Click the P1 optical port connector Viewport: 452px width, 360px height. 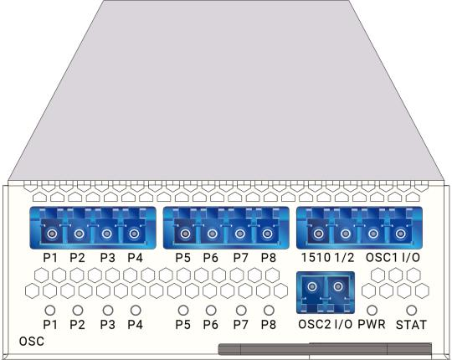point(52,234)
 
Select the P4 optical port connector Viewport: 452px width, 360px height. point(134,234)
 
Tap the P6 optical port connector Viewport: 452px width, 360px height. point(212,234)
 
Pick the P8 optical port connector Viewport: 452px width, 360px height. point(267,234)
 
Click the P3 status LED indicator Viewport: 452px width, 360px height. point(108,310)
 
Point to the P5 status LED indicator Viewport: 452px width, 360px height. point(183,310)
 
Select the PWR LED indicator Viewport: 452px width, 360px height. point(372,310)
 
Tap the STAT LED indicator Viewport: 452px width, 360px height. point(411,310)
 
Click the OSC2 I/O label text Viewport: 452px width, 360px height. point(325,324)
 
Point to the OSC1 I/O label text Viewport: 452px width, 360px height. point(393,257)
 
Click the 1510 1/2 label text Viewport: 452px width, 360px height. point(327,257)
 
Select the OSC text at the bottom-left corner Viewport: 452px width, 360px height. point(32,342)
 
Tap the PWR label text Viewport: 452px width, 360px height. point(372,324)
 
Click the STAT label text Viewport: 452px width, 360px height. point(411,325)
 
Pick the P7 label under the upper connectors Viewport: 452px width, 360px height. point(241,258)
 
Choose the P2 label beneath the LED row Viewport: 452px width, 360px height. point(77,325)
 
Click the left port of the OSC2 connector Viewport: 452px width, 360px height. point(312,286)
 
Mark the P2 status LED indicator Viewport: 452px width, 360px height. point(78,310)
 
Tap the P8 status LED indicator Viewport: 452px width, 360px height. point(269,310)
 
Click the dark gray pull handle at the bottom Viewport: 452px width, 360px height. point(325,349)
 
